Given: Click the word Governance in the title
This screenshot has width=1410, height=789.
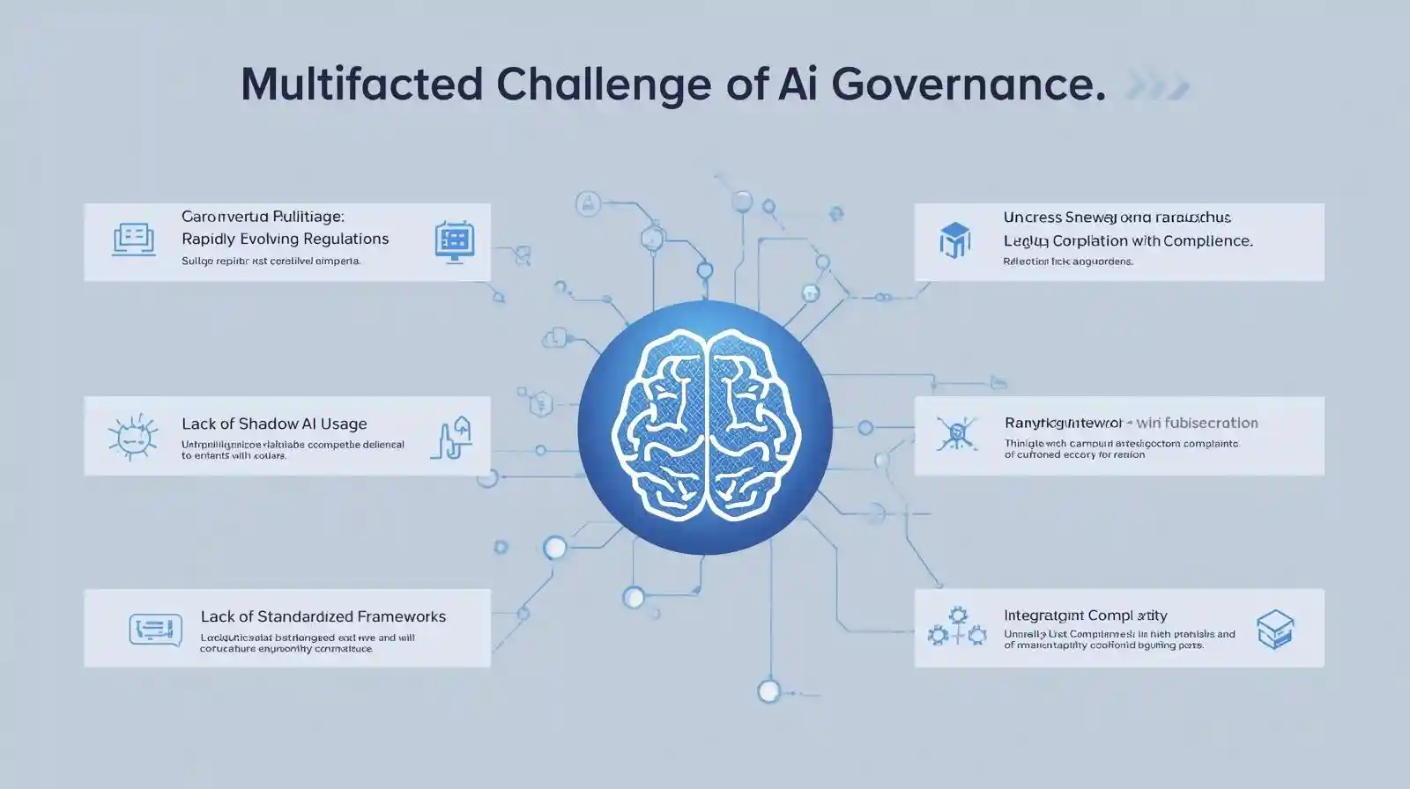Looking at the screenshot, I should (967, 85).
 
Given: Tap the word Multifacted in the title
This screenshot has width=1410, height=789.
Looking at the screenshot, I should (361, 85).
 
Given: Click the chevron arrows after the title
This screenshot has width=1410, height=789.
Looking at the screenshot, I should (1157, 86).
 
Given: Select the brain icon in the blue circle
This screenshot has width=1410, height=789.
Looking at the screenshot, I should (705, 426).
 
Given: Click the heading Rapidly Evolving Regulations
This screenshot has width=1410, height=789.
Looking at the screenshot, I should (285, 239).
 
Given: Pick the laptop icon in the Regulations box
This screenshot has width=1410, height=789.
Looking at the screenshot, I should (134, 239).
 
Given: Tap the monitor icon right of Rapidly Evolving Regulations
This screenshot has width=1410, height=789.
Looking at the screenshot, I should (455, 240).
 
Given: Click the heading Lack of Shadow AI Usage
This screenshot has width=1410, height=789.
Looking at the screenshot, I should (274, 424).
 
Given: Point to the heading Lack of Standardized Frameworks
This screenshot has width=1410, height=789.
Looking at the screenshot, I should (323, 616).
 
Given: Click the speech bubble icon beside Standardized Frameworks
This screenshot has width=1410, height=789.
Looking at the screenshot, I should (155, 630).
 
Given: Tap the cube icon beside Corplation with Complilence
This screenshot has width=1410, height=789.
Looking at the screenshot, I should (954, 240).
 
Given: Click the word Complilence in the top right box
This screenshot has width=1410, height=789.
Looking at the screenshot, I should (1206, 240).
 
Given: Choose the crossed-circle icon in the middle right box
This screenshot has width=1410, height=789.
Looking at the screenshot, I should (954, 433).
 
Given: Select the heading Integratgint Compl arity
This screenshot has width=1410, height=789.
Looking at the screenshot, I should (1085, 616).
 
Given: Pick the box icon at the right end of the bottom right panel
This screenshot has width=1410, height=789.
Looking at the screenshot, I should (1275, 629).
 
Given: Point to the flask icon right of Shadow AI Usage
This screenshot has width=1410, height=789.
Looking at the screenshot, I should (452, 438).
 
